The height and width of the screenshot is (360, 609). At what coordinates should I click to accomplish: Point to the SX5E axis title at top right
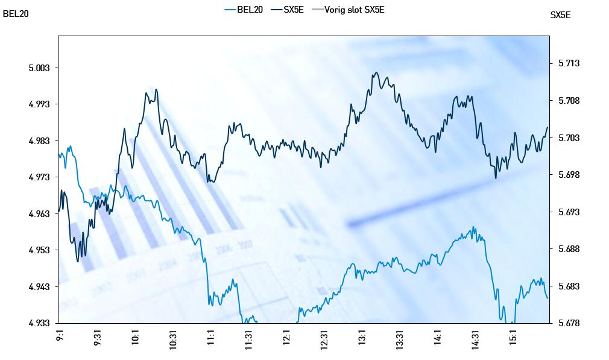(560, 16)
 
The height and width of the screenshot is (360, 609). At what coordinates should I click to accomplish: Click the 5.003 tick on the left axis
(40, 68)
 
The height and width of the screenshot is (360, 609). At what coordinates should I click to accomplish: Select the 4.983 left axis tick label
(40, 141)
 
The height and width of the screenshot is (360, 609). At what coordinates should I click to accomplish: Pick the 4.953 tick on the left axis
(40, 250)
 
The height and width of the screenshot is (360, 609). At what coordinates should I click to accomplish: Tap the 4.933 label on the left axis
(40, 323)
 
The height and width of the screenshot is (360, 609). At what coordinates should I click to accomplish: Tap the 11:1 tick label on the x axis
(211, 336)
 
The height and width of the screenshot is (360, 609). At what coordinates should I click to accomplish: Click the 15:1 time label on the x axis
(514, 336)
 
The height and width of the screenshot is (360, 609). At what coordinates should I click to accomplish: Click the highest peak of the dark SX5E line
(376, 73)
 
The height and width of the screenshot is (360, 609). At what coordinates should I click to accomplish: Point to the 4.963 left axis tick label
(40, 214)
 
